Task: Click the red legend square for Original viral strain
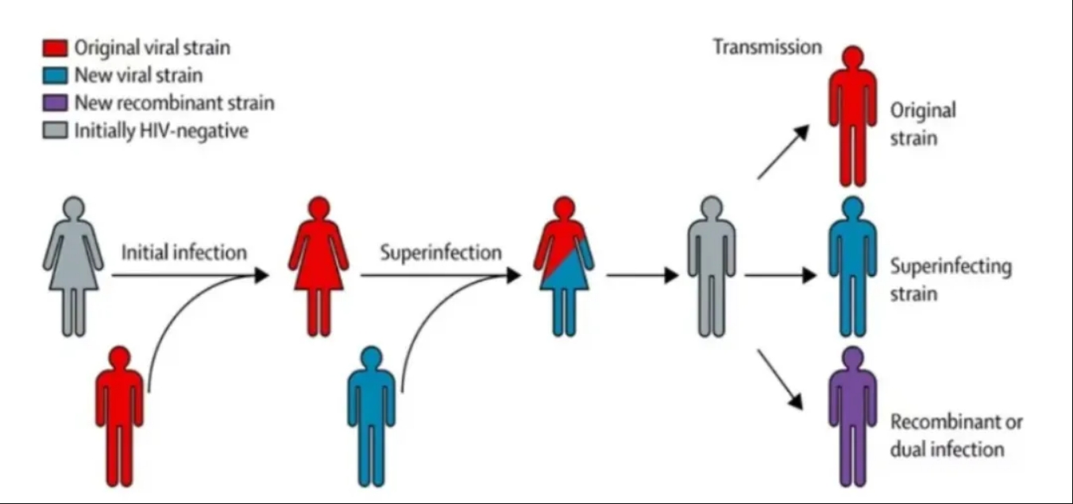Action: pyautogui.click(x=54, y=48)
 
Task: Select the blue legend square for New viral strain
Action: pyautogui.click(x=54, y=76)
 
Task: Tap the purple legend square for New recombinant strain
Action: pyautogui.click(x=54, y=103)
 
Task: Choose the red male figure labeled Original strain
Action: pyautogui.click(x=852, y=115)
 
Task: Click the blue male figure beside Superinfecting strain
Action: pyautogui.click(x=852, y=266)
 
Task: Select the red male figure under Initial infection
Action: pyautogui.click(x=119, y=413)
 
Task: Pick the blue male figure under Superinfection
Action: pyautogui.click(x=371, y=413)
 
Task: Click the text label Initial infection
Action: pyautogui.click(x=183, y=253)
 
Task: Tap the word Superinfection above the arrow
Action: pyautogui.click(x=441, y=253)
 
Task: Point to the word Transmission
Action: pyautogui.click(x=766, y=47)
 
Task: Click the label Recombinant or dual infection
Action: pyautogui.click(x=955, y=435)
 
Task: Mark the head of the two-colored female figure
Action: pyautogui.click(x=563, y=208)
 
